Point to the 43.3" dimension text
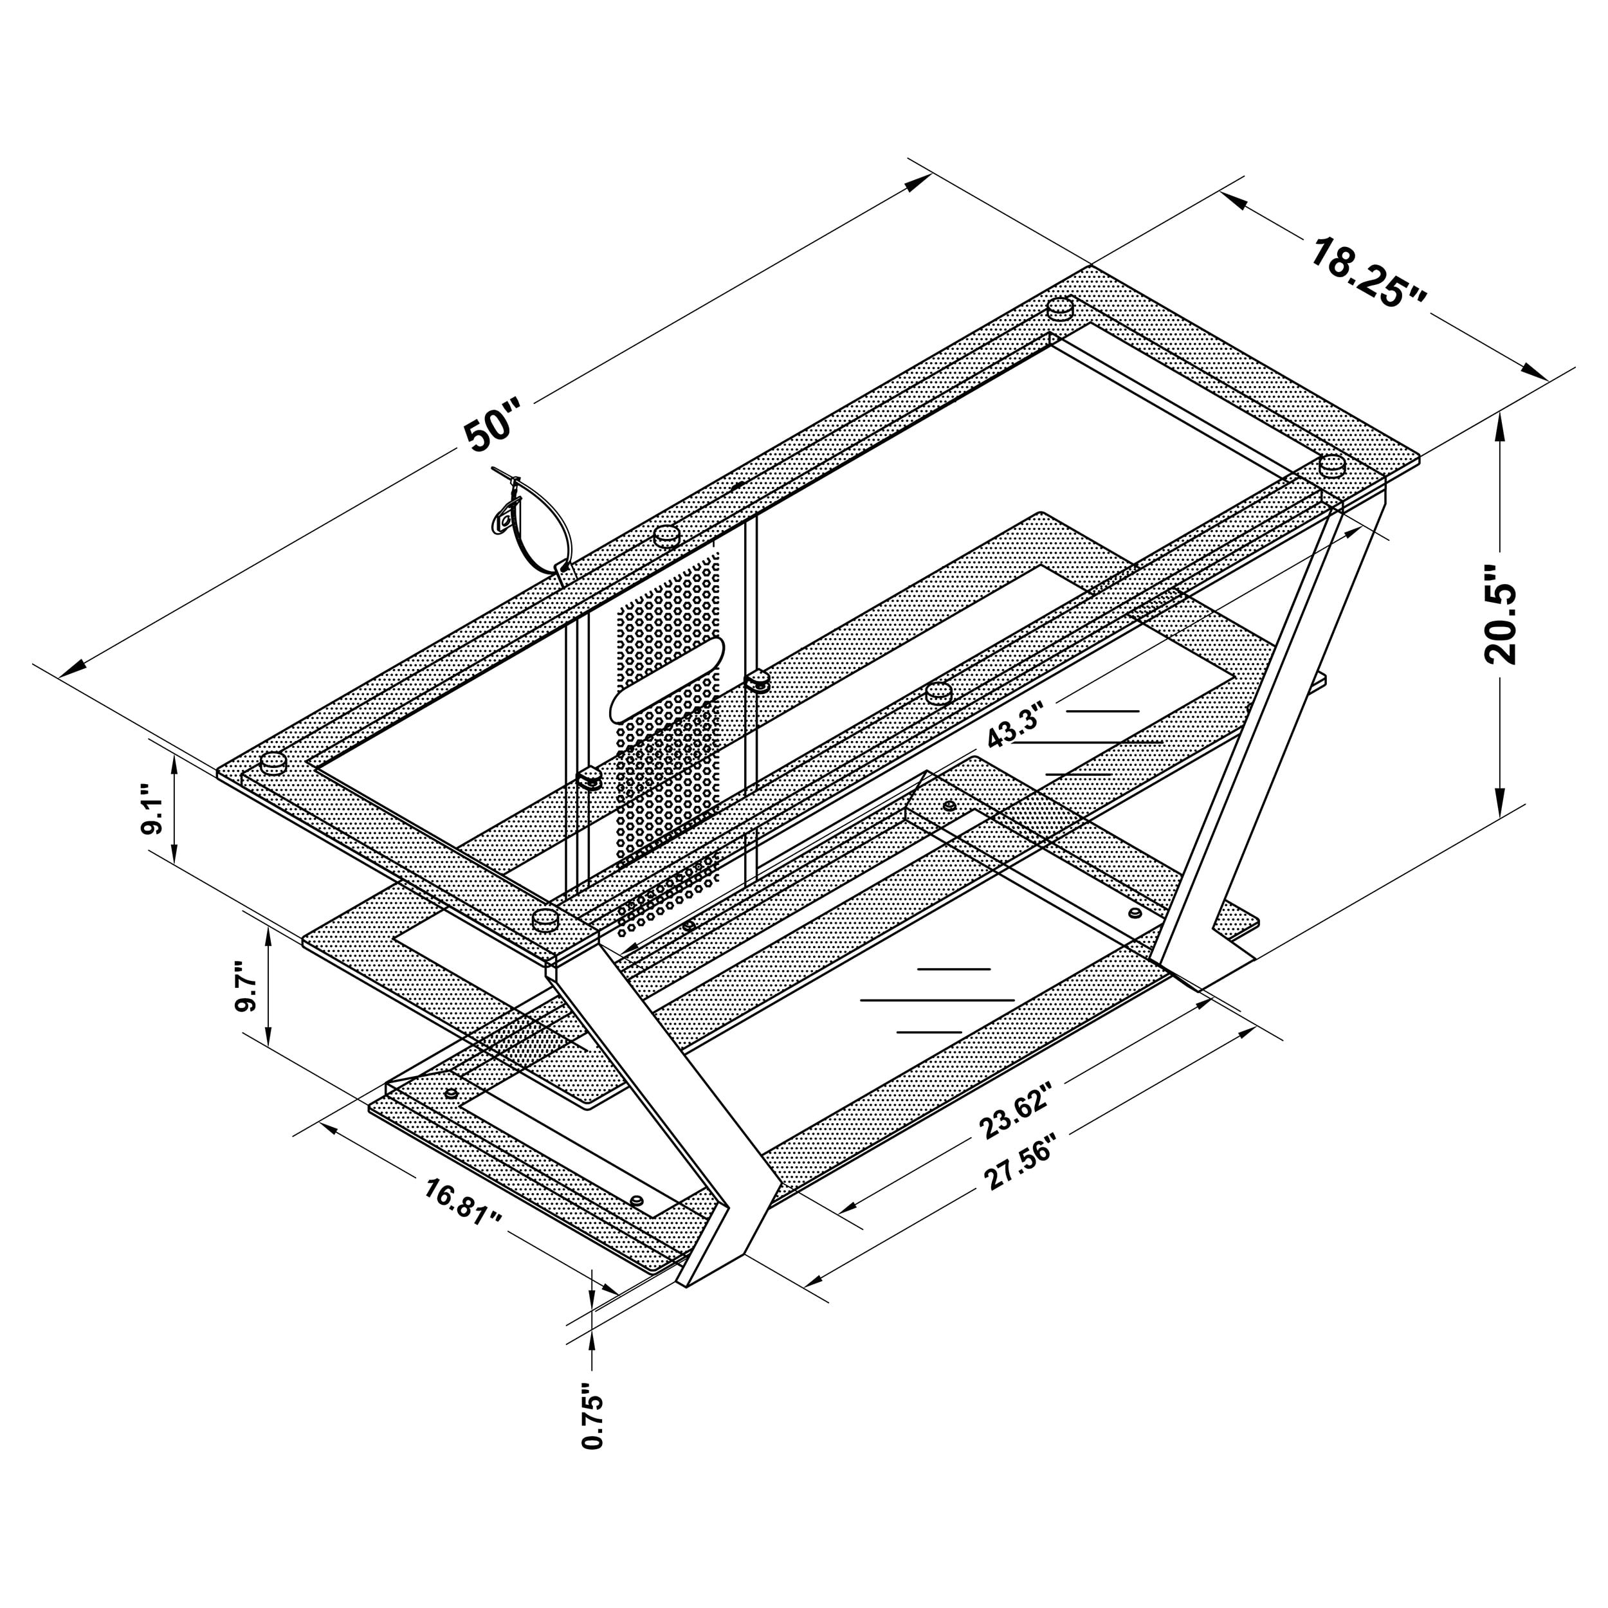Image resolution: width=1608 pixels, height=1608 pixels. click(x=1014, y=728)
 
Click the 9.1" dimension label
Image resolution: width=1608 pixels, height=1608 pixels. click(x=156, y=808)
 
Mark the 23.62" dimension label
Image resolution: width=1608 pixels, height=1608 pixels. click(x=1016, y=1110)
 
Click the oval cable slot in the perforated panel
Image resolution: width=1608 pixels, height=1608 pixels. click(x=666, y=691)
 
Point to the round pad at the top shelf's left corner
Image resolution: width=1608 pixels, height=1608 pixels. click(x=273, y=762)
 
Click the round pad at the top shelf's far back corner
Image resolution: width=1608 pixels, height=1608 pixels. click(x=1059, y=308)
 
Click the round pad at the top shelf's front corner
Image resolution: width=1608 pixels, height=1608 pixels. click(x=545, y=919)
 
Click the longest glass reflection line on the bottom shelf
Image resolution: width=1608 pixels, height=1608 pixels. click(x=937, y=1000)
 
